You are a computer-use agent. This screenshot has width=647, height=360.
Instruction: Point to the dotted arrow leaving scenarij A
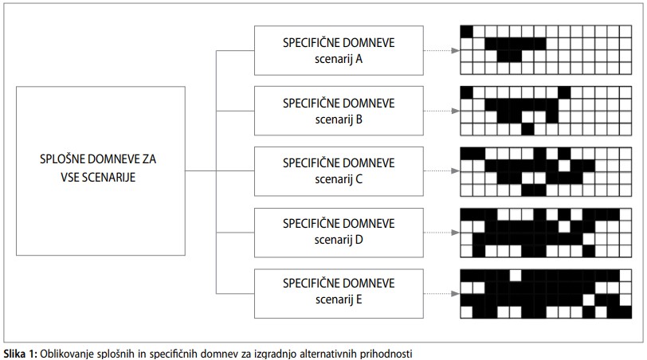441,51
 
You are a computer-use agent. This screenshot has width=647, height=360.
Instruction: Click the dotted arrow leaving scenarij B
441,111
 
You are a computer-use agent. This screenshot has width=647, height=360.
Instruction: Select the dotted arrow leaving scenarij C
441,170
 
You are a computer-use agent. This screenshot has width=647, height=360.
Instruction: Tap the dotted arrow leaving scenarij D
441,233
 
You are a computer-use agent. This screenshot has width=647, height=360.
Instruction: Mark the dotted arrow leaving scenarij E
441,294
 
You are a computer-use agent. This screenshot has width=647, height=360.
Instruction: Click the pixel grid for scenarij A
546,50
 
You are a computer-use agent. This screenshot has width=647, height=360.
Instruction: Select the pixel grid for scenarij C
546,171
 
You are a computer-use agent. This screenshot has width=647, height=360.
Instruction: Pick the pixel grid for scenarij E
546,294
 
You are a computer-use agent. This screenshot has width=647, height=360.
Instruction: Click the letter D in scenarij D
359,240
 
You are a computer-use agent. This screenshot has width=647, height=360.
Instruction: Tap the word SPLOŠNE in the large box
62,158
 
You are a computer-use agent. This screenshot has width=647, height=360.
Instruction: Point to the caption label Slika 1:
21,354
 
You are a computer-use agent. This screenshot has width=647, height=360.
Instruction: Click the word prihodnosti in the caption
386,354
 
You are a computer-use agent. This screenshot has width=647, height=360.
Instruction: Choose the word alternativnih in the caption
328,354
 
